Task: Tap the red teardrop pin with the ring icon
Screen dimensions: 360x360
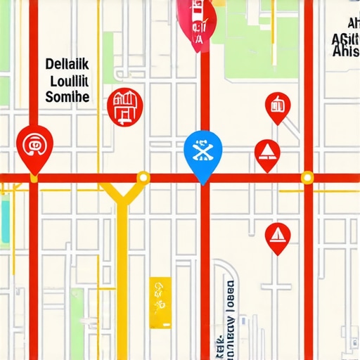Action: pyautogui.click(x=34, y=146)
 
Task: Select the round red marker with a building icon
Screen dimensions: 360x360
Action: pyautogui.click(x=124, y=106)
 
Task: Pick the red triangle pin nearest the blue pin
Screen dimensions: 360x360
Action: pyautogui.click(x=267, y=153)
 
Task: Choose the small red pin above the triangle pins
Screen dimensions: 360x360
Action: pyautogui.click(x=278, y=106)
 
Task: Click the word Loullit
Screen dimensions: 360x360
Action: pyautogui.click(x=68, y=81)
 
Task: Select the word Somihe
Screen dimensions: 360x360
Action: pyautogui.click(x=67, y=97)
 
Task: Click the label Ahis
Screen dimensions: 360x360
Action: pyautogui.click(x=346, y=51)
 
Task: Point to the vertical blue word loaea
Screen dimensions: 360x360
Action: pyautogui.click(x=230, y=309)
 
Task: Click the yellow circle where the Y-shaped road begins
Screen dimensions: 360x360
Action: pyautogui.click(x=143, y=177)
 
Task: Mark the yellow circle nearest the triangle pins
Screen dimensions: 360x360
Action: pyautogui.click(x=307, y=177)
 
